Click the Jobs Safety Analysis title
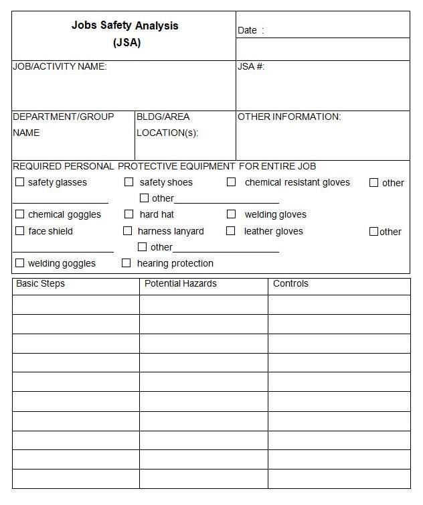(125, 26)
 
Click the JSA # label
(251, 66)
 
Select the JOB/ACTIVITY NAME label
(60, 66)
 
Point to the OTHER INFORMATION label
(289, 117)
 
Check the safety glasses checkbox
(19, 182)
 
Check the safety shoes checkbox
(129, 182)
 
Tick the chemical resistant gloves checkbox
(231, 182)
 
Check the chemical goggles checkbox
(19, 214)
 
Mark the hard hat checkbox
(129, 214)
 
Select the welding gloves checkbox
(231, 214)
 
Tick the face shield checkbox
(19, 231)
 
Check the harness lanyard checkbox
(128, 231)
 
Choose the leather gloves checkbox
(231, 231)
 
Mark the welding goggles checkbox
(19, 263)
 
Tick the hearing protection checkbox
(126, 263)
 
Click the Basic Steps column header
(40, 283)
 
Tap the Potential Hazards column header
(181, 283)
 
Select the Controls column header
(290, 283)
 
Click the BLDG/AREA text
(163, 117)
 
